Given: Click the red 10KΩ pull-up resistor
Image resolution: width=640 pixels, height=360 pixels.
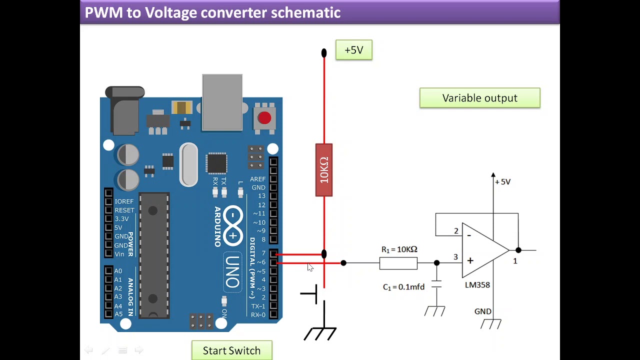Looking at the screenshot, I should coord(324,170).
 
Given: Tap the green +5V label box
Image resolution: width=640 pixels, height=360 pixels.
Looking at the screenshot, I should coord(354,50).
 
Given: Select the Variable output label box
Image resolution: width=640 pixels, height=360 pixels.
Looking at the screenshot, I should coord(480,98).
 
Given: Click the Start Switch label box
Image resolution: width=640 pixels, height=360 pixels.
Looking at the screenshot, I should coord(232,350).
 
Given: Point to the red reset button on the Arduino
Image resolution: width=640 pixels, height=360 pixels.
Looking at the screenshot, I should coord(264,118).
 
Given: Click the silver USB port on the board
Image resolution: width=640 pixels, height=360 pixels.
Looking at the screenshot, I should coord(222,102).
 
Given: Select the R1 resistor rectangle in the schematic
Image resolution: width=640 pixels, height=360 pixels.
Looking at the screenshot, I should coord(398,263).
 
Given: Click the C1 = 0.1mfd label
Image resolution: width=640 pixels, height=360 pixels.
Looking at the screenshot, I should coord(403,287).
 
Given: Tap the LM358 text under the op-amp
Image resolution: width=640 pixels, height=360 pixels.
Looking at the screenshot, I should coord(477,285).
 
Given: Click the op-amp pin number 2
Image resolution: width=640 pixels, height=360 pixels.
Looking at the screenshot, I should coord(456,231).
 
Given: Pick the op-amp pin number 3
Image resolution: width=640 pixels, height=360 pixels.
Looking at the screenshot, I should coord(455,257).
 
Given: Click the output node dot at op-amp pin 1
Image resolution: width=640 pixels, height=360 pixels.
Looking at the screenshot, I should coord(518,250).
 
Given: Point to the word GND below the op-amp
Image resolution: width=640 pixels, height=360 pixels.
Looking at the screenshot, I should coord(483,311).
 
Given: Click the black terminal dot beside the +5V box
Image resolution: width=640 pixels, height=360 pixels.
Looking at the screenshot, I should coord(324,52).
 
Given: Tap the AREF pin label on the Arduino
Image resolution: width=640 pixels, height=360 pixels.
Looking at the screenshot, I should coord(258,179).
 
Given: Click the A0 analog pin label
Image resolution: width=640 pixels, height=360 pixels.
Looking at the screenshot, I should coord(118,271).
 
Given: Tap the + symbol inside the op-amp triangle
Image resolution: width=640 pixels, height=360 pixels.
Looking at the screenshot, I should coord(470,260).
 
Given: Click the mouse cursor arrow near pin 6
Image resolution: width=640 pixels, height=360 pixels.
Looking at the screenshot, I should coord(310,267).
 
